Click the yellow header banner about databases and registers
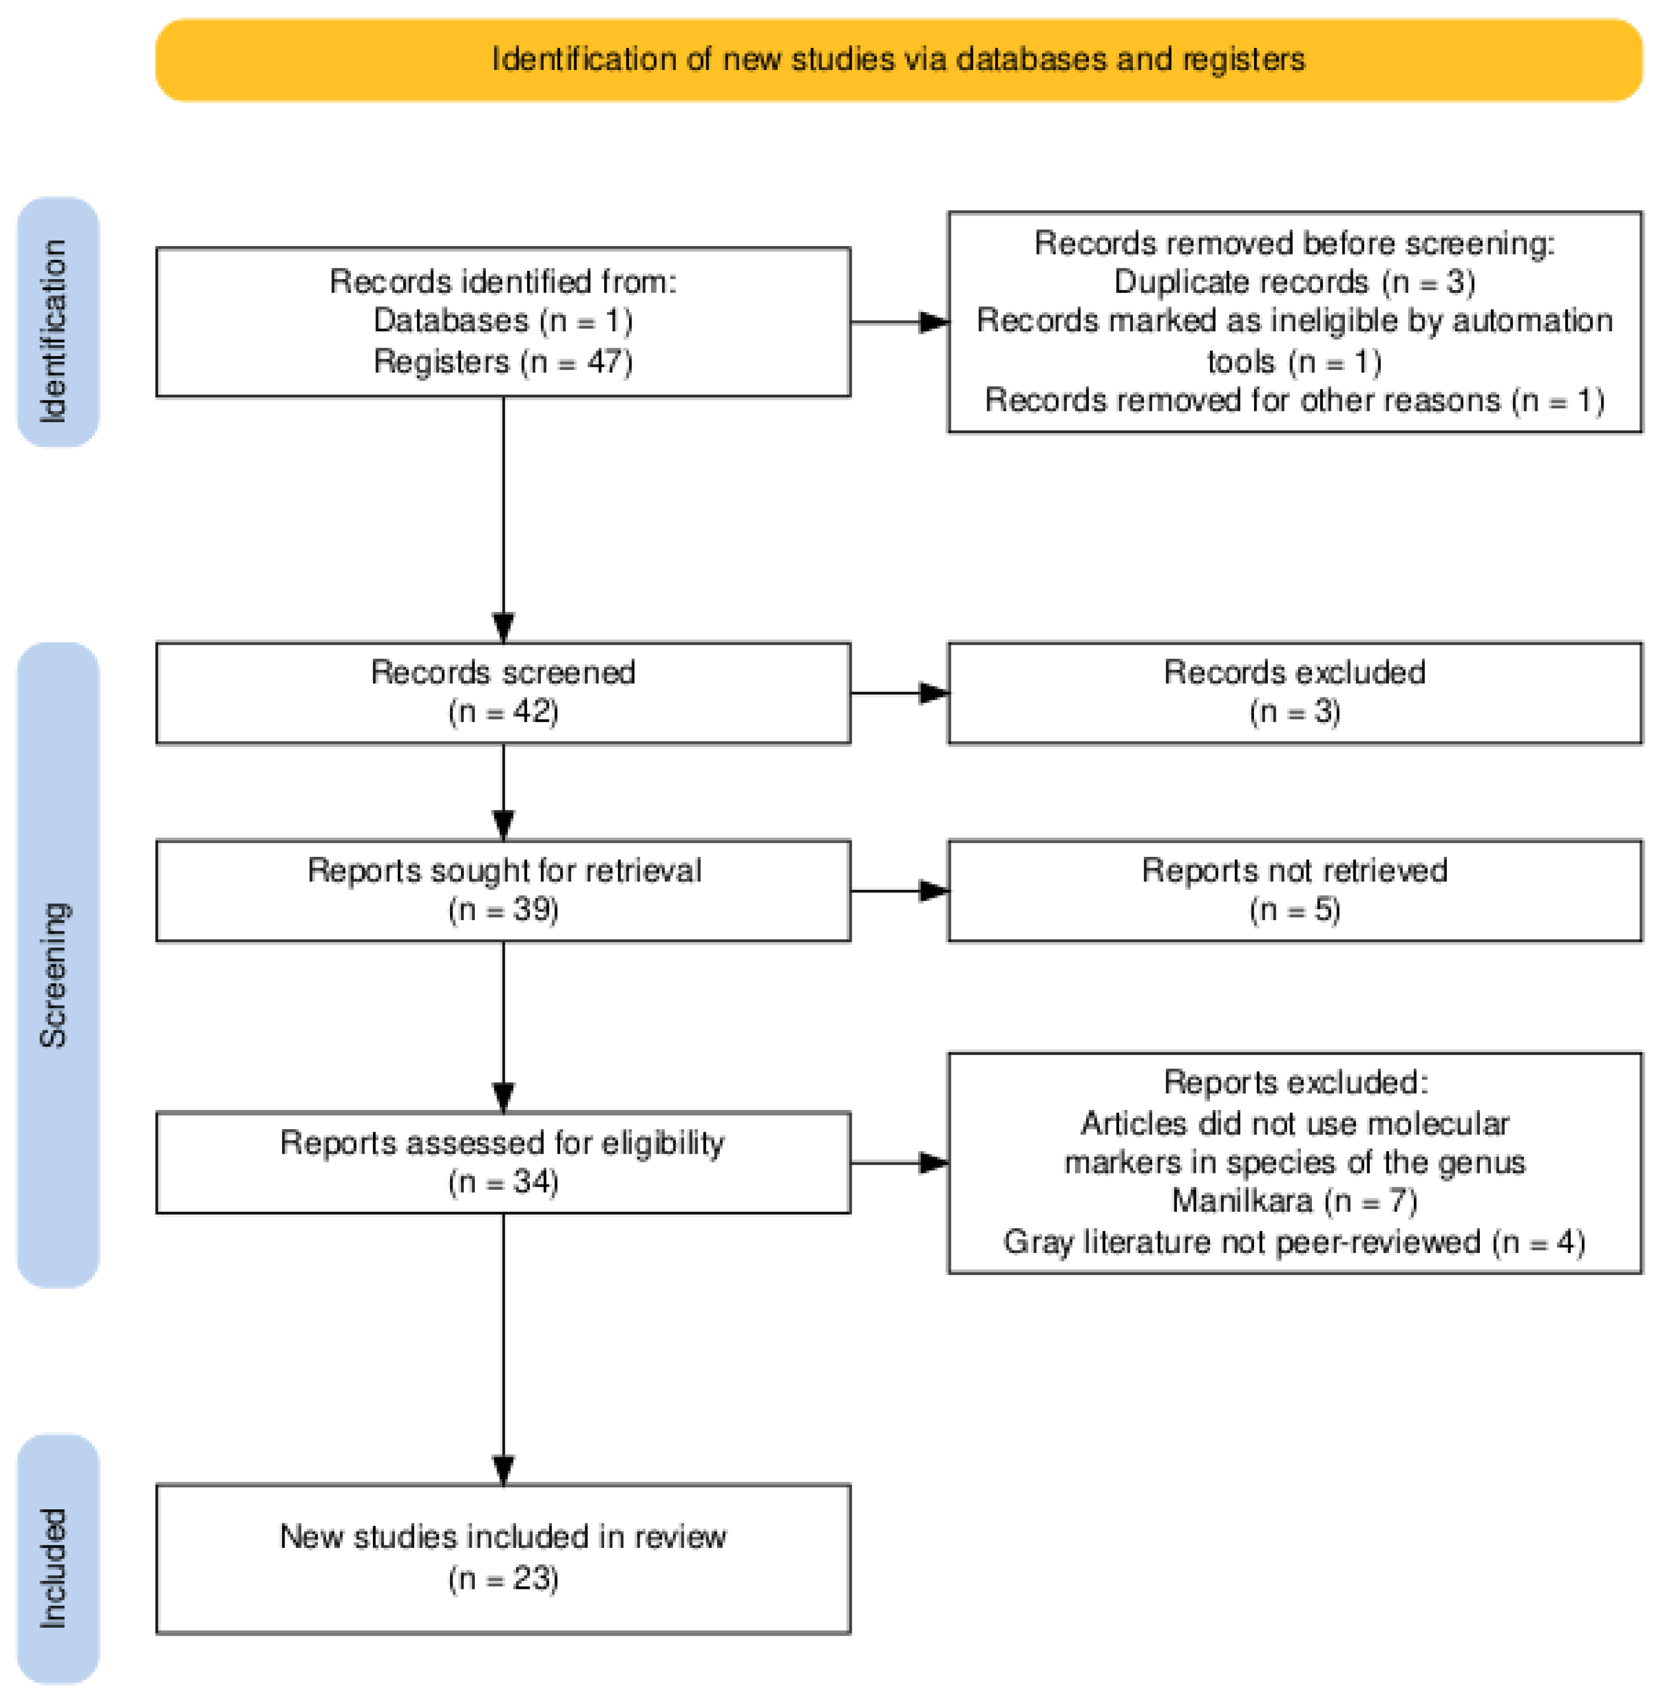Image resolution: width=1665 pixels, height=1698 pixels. click(898, 59)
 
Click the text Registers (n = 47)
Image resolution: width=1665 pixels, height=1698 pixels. click(503, 361)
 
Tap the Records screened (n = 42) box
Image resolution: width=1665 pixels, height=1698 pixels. click(503, 692)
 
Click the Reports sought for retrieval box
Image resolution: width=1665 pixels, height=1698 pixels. click(503, 890)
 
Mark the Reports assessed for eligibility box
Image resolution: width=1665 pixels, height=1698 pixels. click(503, 1162)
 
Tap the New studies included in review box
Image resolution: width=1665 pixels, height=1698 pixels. click(503, 1557)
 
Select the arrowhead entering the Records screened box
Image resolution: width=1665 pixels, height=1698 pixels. click(503, 627)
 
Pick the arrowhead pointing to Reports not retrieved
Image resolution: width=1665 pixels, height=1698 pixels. click(934, 890)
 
